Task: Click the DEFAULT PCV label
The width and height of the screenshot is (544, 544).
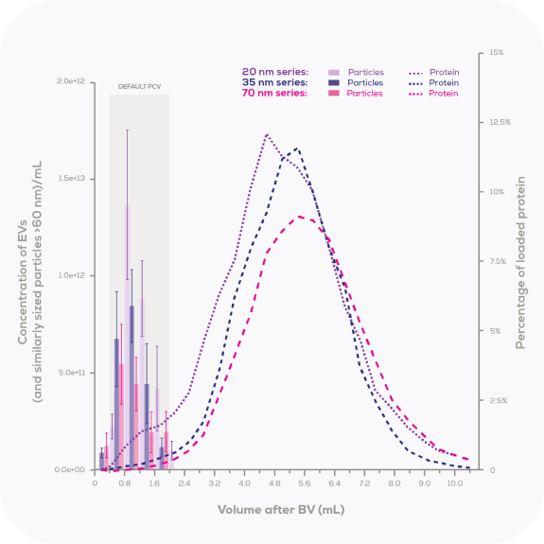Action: pyautogui.click(x=139, y=86)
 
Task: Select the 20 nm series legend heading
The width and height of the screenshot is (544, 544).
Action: pyautogui.click(x=274, y=72)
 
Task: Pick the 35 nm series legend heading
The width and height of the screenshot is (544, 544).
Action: pyautogui.click(x=274, y=83)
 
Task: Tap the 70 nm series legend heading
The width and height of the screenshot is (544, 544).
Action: pyautogui.click(x=274, y=94)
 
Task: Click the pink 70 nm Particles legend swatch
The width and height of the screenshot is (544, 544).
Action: pyautogui.click(x=334, y=94)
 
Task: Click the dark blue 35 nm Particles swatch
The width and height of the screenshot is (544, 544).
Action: pyautogui.click(x=334, y=83)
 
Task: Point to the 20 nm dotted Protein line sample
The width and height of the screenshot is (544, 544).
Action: pyautogui.click(x=416, y=72)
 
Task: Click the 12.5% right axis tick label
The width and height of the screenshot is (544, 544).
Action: pyautogui.click(x=499, y=122)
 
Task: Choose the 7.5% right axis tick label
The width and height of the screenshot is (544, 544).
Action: pyautogui.click(x=499, y=262)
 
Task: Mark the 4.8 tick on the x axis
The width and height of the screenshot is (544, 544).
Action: pyautogui.click(x=274, y=483)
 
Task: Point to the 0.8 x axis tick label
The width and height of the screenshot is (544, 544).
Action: pyautogui.click(x=125, y=483)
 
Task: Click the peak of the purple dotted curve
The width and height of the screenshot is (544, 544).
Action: pyautogui.click(x=267, y=134)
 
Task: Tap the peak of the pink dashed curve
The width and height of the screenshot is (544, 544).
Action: pyautogui.click(x=300, y=217)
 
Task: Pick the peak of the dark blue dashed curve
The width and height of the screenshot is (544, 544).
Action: pyautogui.click(x=297, y=148)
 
